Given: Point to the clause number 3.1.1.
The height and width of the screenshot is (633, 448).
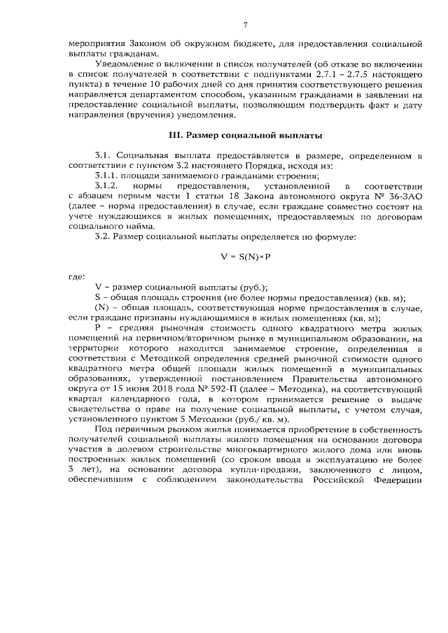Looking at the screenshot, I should point(107,176).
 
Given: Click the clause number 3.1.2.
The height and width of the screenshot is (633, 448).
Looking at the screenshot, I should point(107,187).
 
